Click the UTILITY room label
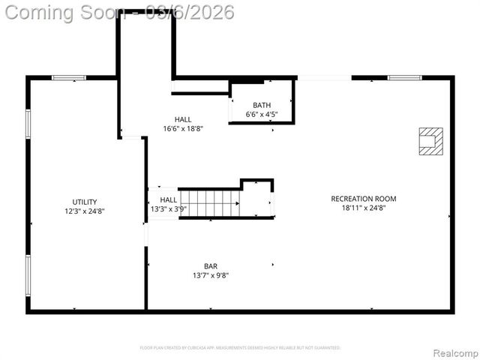84,202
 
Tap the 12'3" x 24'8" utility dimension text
84,211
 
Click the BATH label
262,105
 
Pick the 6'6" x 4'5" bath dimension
262,114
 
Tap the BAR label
211,266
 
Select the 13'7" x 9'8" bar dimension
211,275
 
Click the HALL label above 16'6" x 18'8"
183,119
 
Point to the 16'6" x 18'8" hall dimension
183,128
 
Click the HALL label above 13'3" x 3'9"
169,199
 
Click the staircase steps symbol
211,203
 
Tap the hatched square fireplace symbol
431,141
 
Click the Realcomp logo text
453,352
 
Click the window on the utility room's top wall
68,77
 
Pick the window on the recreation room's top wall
404,77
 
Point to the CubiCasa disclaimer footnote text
240,348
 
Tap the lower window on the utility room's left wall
28,274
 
